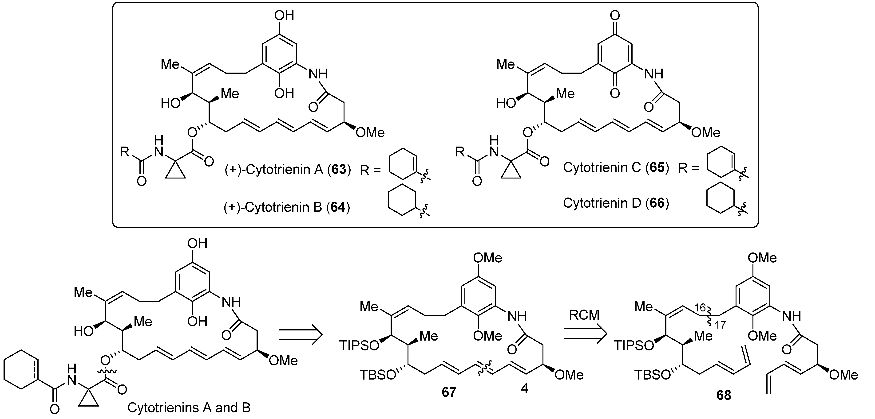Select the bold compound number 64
[x=338, y=207]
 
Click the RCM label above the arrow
[x=584, y=315]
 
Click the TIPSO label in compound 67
[x=359, y=346]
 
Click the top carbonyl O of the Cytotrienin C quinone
[x=615, y=15]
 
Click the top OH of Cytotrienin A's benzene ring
[x=285, y=16]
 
